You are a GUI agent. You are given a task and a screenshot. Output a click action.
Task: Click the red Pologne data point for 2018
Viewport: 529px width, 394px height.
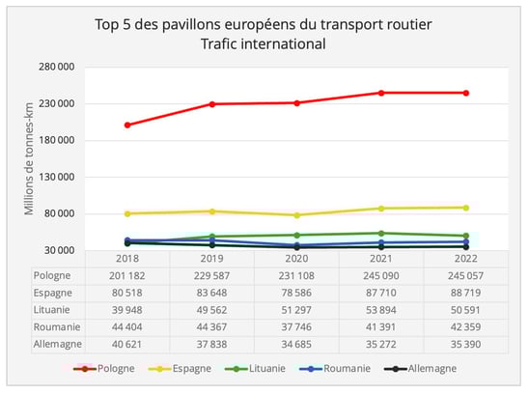[127, 125]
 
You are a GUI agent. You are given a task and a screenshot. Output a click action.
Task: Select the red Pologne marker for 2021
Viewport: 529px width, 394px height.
[381, 93]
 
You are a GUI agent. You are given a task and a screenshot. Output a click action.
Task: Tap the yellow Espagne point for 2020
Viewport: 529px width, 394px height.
[296, 215]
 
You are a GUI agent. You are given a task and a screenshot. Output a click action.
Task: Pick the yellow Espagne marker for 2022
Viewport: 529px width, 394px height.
[465, 208]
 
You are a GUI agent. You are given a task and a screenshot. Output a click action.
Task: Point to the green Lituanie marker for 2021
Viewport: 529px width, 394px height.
[381, 233]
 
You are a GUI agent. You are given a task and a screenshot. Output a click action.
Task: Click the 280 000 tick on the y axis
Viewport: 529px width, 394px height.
[60, 67]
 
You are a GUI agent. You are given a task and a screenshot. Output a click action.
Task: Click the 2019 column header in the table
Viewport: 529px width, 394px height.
[211, 259]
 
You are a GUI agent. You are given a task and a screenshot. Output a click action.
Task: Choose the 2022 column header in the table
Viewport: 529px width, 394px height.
[465, 259]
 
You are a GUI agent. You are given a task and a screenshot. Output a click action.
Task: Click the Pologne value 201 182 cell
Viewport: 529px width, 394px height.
[127, 275]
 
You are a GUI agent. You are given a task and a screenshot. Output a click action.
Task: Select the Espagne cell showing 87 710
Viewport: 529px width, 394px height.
[381, 292]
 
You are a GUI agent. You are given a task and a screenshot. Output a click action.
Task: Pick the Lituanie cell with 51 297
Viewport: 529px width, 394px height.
[296, 308]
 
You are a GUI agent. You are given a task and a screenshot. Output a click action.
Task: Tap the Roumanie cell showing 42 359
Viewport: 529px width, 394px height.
[465, 324]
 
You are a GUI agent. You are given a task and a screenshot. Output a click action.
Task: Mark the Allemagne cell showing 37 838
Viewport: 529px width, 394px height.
[211, 341]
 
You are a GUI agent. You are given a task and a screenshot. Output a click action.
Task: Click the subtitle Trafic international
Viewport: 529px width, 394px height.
[264, 44]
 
